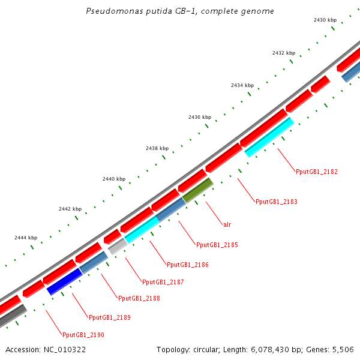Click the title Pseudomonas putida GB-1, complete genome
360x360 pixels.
click(180, 11)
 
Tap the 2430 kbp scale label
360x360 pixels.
click(325, 20)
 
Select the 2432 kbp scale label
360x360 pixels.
click(283, 53)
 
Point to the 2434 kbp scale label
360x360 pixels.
click(242, 85)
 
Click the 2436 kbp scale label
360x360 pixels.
click(200, 117)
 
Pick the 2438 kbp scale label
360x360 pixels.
click(157, 148)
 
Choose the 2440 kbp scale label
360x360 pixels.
click(114, 179)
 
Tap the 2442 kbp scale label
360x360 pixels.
click(70, 209)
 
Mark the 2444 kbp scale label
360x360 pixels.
click(26, 238)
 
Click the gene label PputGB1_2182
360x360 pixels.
click(317, 172)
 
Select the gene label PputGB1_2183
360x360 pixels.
click(277, 202)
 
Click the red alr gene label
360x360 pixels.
click(227, 224)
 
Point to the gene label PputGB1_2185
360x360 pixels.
click(217, 245)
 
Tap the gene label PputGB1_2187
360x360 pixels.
click(163, 282)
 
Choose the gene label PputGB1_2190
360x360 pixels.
click(83, 335)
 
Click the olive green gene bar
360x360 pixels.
click(197, 190)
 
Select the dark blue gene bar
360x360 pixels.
click(64, 281)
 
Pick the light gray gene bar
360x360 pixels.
click(118, 245)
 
